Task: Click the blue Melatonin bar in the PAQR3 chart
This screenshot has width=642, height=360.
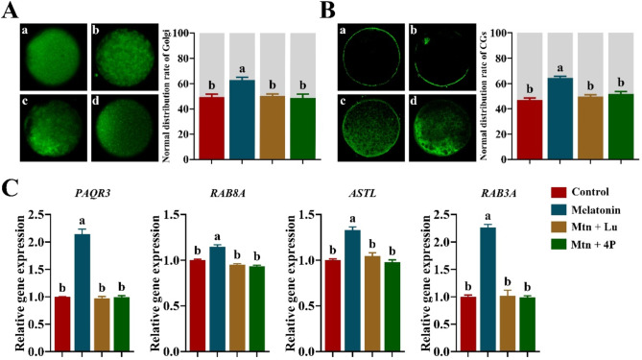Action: coord(83,293)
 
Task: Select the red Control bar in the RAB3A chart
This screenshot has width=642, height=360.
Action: coord(468,324)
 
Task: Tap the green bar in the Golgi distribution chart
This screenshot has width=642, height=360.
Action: coord(302,129)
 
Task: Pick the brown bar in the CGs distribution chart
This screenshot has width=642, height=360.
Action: coord(590,128)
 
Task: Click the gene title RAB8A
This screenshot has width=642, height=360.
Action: coord(227,193)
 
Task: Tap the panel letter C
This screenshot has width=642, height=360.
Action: coord(12,190)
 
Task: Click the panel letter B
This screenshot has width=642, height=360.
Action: coord(327,11)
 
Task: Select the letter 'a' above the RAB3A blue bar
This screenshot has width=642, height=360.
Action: coord(487,216)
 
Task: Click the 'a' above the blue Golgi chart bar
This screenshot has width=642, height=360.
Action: coord(242,69)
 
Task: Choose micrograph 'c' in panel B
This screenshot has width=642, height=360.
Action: coord(371,128)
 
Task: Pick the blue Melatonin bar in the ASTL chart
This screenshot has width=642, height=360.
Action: coord(352,291)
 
